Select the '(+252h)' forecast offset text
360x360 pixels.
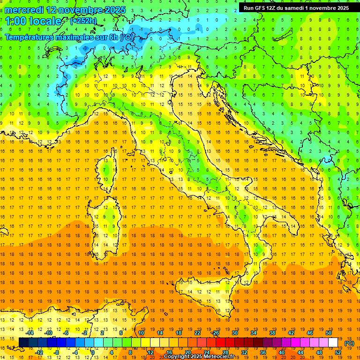tap(83, 21)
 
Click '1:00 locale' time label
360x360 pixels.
tap(33, 21)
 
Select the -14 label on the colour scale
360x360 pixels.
tap(30, 333)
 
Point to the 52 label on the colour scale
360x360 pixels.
tap(338, 352)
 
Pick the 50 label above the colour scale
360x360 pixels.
tap(329, 333)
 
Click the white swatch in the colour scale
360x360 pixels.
tap(333, 343)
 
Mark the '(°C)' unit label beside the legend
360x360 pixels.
tap(350, 343)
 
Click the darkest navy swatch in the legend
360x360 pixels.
tap(24, 343)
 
